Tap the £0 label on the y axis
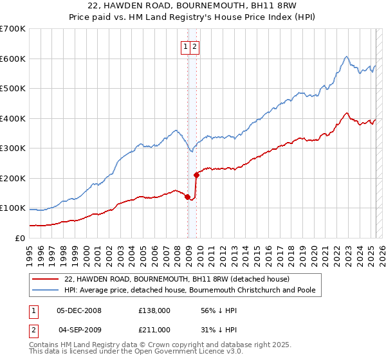(21, 238)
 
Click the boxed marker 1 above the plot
(185, 46)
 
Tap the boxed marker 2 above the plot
(194, 46)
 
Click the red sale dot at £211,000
(196, 174)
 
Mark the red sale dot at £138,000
(188, 197)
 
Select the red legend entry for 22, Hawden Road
(177, 279)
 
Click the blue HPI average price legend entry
(189, 290)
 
